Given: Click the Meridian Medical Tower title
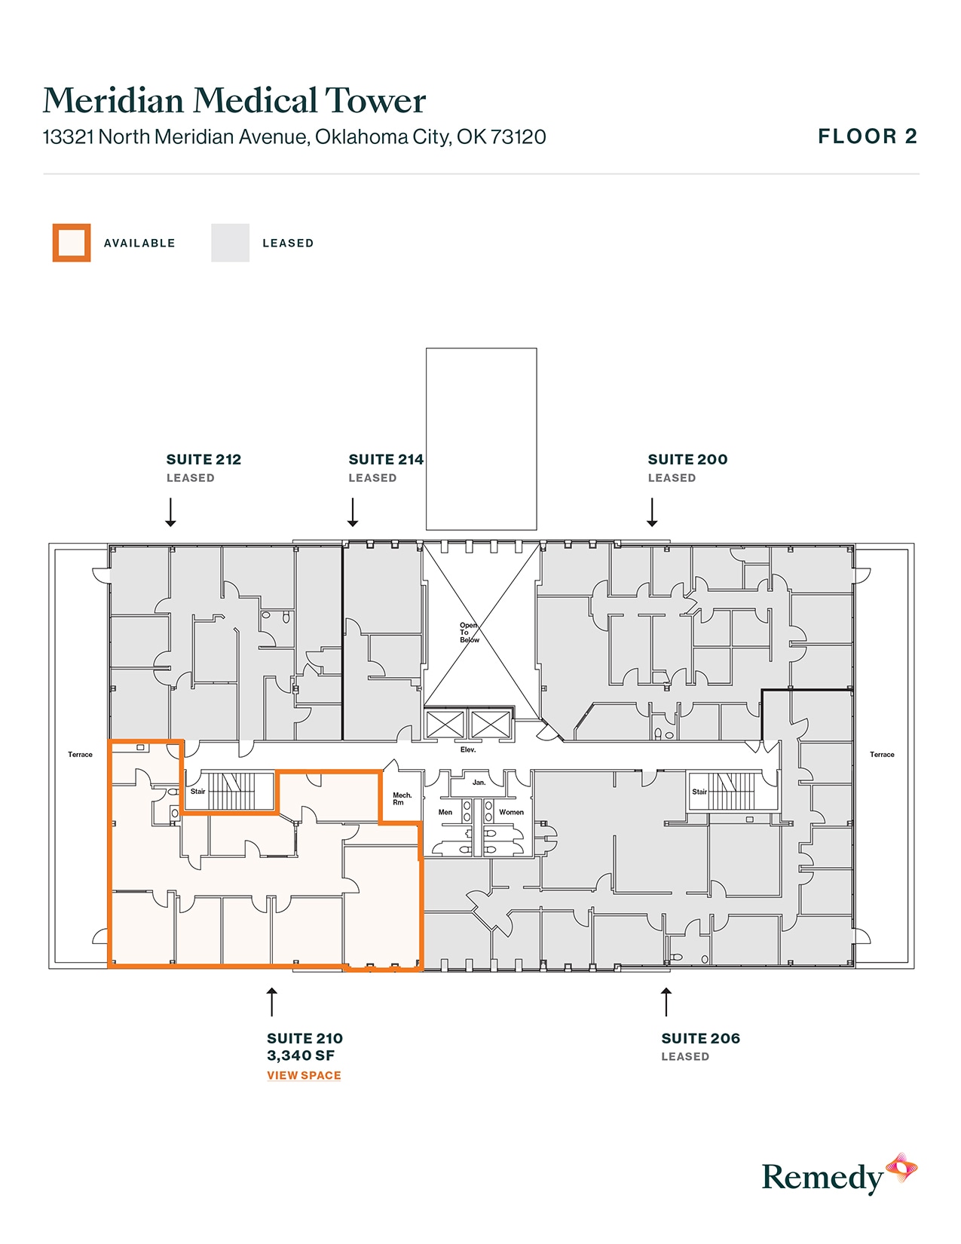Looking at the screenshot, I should point(234,101).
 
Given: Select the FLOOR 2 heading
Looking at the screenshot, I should point(867,136).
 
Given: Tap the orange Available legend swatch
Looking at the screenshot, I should point(72,243).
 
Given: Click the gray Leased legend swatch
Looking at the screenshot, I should point(230,243).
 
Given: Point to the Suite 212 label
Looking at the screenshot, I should point(204,460).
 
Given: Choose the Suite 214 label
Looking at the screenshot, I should point(385,460).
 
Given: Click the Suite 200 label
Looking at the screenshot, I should point(687,460).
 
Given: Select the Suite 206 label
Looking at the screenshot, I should point(700,1039).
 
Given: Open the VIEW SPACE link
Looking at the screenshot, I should point(304,1075).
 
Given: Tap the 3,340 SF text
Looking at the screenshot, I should point(301,1056).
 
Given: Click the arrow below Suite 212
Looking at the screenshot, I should point(171,512).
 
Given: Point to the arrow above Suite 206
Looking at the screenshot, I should point(666,1002).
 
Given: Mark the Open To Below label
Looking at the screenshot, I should point(469,633).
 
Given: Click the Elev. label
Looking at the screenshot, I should point(468,750).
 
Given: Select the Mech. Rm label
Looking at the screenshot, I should point(402,798).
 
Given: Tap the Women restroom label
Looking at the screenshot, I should point(511,812).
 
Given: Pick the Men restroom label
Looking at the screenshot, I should point(445,812).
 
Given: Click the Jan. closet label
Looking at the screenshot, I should point(479,783).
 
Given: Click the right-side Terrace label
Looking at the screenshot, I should point(882,755).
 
